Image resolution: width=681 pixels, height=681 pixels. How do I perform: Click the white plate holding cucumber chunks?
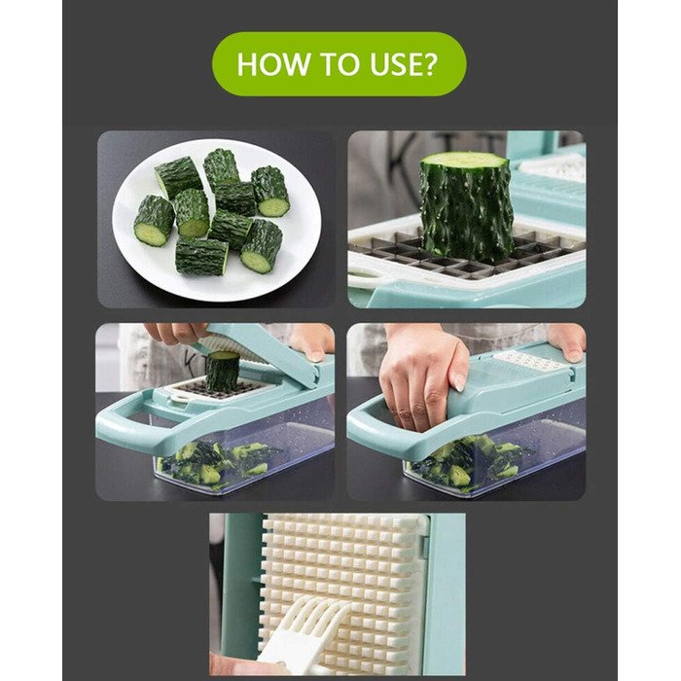(216, 220)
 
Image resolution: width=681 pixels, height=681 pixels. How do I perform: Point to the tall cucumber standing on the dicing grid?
(466, 205)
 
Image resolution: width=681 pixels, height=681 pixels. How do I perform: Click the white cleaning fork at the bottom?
(300, 638)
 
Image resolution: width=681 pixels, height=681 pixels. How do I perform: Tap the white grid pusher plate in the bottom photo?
(343, 591)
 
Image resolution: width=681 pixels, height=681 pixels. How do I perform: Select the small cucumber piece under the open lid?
(222, 371)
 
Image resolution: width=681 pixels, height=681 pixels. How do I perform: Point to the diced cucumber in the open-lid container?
(217, 464)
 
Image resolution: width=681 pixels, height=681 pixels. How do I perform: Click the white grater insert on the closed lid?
(531, 361)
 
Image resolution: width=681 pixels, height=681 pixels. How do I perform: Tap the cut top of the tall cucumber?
(465, 161)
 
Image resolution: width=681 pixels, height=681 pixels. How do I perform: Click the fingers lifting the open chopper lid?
(178, 333)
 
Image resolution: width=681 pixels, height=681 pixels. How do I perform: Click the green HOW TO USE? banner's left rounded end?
(226, 64)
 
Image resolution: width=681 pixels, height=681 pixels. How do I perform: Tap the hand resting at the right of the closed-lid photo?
(567, 340)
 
